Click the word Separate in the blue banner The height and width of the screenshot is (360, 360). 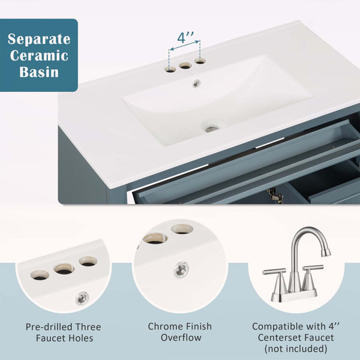click(39, 39)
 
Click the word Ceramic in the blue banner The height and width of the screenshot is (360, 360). click(39, 56)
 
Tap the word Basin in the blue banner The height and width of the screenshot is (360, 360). click(39, 72)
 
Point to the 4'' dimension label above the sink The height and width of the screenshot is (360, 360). click(185, 37)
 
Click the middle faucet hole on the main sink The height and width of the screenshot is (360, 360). click(185, 65)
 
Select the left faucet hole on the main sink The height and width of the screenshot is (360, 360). click(170, 70)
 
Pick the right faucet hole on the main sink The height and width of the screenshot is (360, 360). click(200, 61)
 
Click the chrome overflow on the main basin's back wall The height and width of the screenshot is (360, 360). click(196, 83)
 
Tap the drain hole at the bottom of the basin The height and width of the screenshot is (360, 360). click(211, 128)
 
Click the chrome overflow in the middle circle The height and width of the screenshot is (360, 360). click(181, 269)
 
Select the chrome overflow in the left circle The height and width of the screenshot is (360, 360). click(82, 298)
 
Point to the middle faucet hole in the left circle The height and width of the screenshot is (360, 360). click(64, 269)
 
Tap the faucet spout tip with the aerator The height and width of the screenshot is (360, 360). click(326, 253)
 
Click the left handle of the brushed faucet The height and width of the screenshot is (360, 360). click(275, 272)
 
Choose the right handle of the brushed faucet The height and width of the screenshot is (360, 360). click(313, 268)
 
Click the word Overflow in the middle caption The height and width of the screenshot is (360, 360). click(181, 337)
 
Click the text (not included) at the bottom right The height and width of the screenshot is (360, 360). click(296, 349)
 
